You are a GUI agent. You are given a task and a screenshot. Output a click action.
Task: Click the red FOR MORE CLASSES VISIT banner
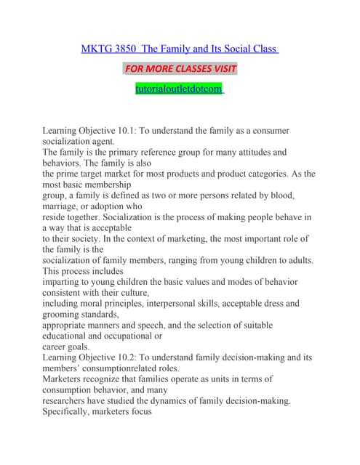point(180,69)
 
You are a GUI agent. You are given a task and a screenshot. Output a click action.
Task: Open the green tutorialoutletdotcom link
point(180,89)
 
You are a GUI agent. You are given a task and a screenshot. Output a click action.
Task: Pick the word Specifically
point(72,412)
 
